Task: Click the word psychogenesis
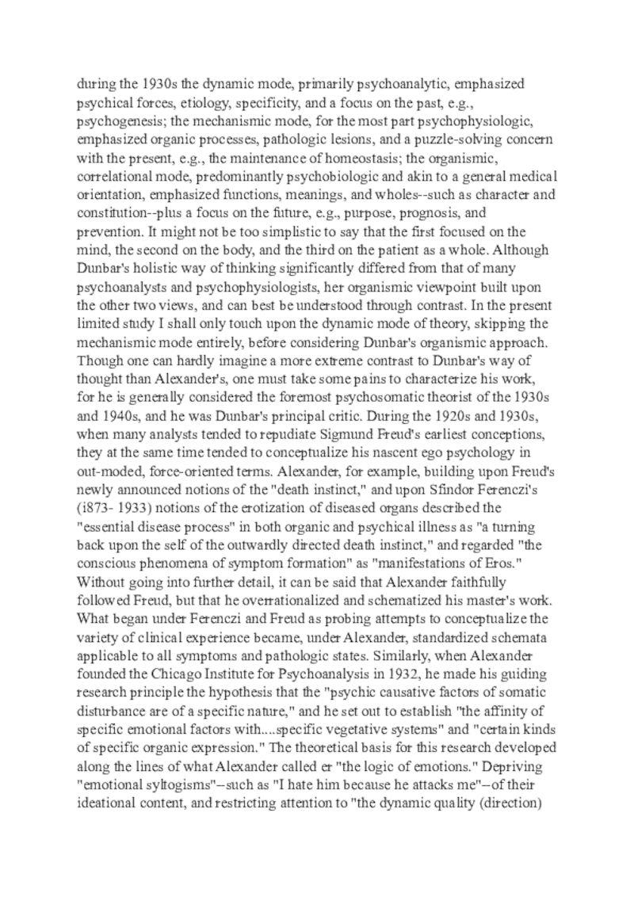coord(113,123)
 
